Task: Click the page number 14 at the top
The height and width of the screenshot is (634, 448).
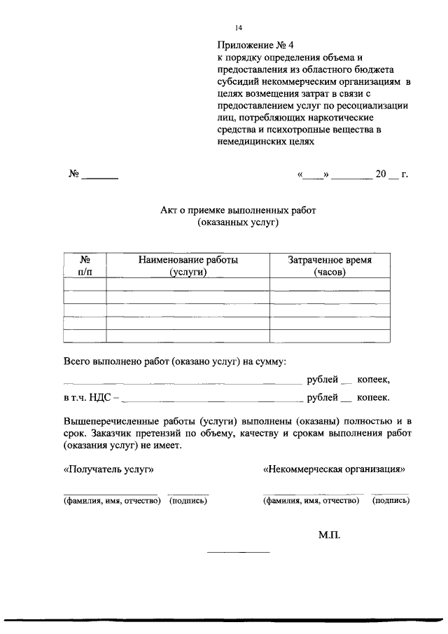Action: point(239,27)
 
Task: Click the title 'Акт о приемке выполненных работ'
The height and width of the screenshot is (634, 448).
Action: point(238,209)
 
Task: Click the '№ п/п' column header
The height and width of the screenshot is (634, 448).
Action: point(84,266)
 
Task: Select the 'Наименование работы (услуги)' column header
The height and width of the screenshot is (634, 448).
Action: point(188,266)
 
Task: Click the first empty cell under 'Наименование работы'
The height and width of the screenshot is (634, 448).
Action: point(188,284)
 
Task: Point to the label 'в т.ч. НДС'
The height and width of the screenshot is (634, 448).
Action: point(87,398)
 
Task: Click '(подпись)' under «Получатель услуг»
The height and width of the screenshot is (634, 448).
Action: point(188,500)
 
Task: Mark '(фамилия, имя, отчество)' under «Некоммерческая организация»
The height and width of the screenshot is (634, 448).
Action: point(311,500)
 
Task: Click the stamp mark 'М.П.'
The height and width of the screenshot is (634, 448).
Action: point(328,535)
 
